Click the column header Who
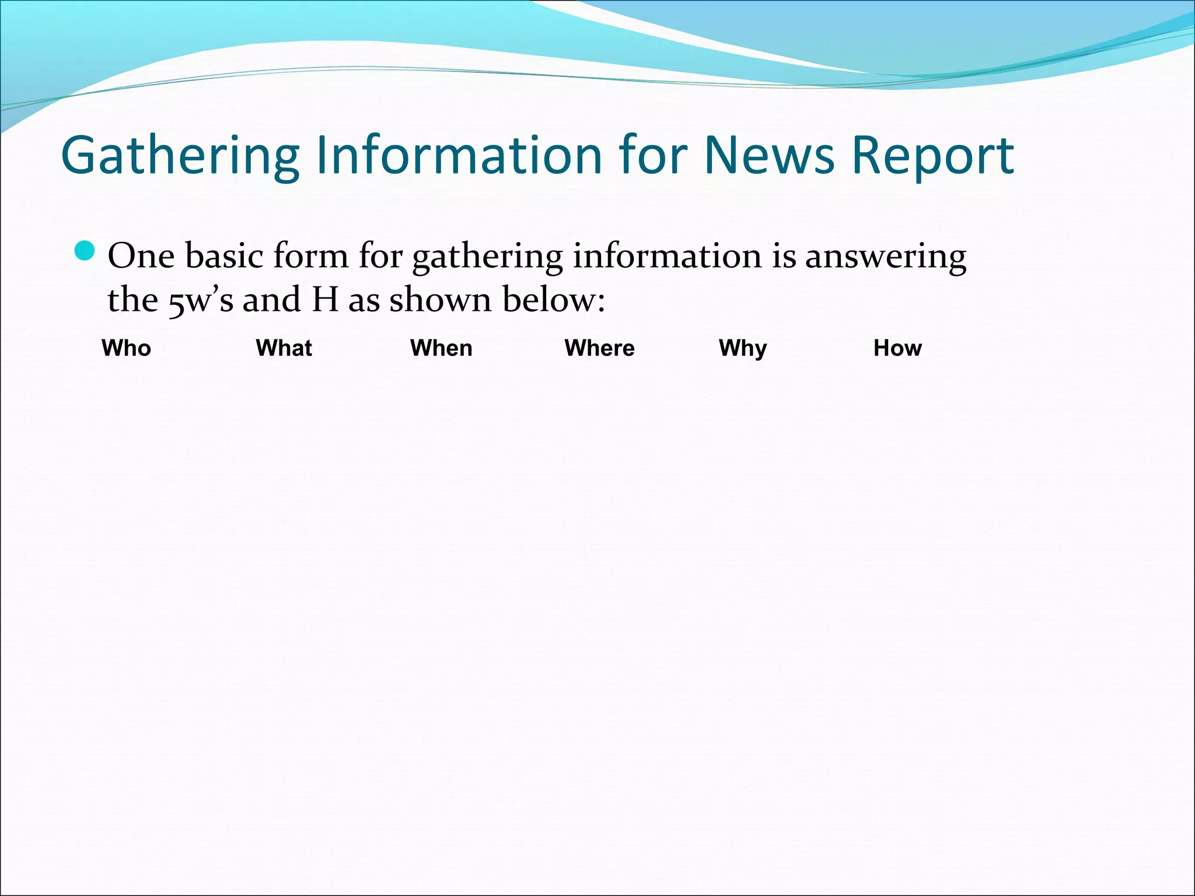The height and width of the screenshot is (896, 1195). (x=126, y=348)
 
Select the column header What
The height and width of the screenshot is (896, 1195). (x=284, y=348)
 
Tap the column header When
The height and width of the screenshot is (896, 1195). (x=441, y=348)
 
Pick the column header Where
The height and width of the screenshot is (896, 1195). (x=599, y=348)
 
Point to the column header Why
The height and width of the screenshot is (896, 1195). (x=743, y=348)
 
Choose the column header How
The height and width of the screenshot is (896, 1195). (x=897, y=348)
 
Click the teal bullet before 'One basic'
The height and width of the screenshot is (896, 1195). (x=85, y=251)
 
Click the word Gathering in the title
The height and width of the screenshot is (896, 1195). (x=180, y=156)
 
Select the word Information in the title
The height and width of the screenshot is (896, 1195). (x=459, y=156)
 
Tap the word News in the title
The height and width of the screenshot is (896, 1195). (x=769, y=156)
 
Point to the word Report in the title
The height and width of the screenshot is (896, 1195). (x=932, y=156)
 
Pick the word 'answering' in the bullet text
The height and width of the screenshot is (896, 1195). (x=885, y=257)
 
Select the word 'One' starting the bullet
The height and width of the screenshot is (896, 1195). (x=141, y=256)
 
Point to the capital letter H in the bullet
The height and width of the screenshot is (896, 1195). (x=325, y=300)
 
